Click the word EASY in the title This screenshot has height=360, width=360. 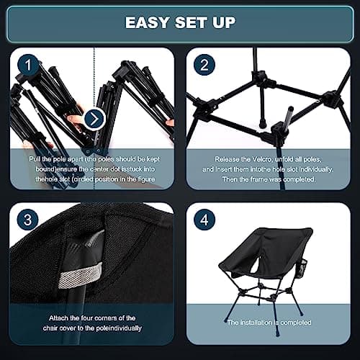(148, 22)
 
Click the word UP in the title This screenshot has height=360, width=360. (222, 22)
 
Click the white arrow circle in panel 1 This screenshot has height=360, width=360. (94, 118)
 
